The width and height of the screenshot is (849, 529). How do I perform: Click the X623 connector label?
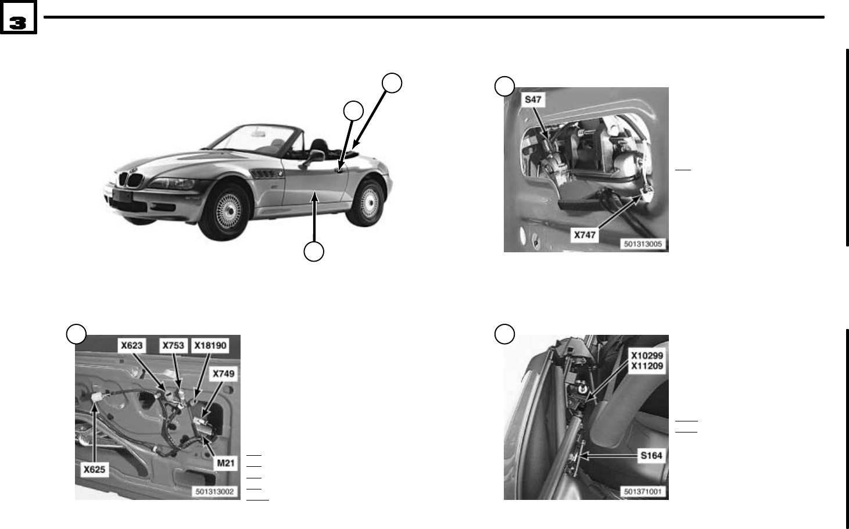point(131,345)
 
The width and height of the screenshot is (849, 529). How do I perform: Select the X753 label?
point(173,345)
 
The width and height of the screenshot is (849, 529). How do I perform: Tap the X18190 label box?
point(210,345)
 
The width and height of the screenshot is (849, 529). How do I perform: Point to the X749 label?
point(223,374)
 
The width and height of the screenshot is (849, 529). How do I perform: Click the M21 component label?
point(225,463)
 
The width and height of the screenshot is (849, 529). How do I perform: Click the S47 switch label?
point(533,99)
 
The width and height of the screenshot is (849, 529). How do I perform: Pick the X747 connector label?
point(585,235)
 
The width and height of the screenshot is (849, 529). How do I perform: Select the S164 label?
point(651,456)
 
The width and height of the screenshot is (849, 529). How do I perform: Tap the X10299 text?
point(647,355)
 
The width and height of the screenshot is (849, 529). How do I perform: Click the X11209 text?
point(647,366)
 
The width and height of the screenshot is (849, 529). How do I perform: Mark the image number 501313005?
point(643,244)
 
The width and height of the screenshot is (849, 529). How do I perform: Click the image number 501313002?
point(214,492)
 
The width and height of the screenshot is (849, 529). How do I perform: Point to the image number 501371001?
point(643,492)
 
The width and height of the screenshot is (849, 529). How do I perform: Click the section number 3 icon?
point(18,22)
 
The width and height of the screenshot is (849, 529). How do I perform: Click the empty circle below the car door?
point(314,252)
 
